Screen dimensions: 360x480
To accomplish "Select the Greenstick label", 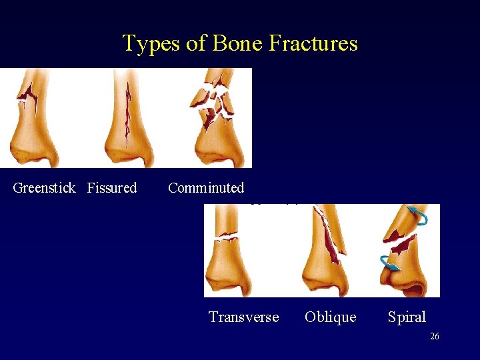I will tap(44, 188).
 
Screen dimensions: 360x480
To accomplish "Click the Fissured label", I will tap(112, 188).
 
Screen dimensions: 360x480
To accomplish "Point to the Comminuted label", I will tap(206, 188).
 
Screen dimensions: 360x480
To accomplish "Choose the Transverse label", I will tap(243, 317).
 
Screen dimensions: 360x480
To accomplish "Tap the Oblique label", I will tap(331, 317).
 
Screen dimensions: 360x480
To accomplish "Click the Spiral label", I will tap(407, 317).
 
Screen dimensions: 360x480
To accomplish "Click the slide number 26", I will tap(434, 337).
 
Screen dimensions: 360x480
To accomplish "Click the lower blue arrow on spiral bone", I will tap(389, 261).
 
